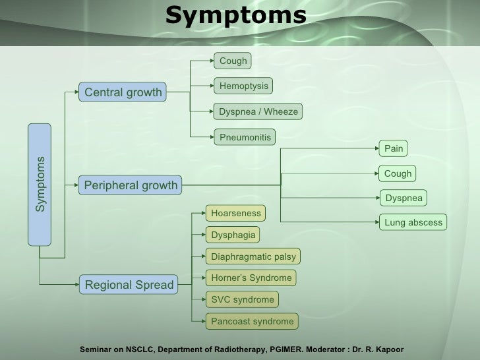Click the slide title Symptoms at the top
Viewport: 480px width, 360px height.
235,15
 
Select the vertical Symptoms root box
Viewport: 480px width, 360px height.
40,184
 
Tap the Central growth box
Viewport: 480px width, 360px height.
123,93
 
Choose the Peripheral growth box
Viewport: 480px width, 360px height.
131,185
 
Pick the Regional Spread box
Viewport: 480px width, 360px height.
129,285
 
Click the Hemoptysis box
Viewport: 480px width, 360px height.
243,86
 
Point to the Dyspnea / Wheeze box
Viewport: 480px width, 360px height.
258,111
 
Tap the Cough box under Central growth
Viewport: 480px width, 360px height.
233,61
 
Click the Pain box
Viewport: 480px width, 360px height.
394,148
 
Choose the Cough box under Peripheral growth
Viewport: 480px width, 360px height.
398,173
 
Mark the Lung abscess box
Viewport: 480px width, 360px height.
413,222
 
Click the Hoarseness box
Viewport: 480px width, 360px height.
236,213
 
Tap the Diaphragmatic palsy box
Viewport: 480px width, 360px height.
253,256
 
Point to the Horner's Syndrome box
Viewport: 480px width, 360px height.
251,278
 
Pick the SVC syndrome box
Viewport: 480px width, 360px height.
242,299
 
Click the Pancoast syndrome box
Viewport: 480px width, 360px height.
252,321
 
